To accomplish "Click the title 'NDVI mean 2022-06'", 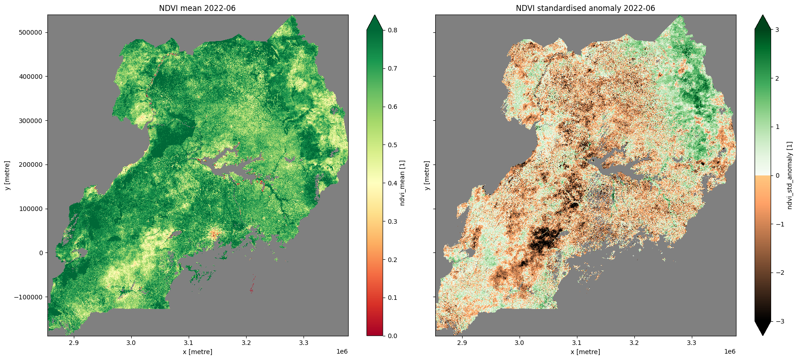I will coord(197,8).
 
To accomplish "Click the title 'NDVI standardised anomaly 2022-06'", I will coord(585,8).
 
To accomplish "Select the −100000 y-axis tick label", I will coord(28,297).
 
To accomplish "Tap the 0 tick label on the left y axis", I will coord(41,253).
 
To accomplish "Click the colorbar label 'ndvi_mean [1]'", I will coord(402,183).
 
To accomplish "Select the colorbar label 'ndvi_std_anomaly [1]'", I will coord(790,175).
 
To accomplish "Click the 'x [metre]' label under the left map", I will coord(197,352).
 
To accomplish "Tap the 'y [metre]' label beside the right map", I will coord(427,175).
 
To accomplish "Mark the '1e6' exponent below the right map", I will coord(729,352).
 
